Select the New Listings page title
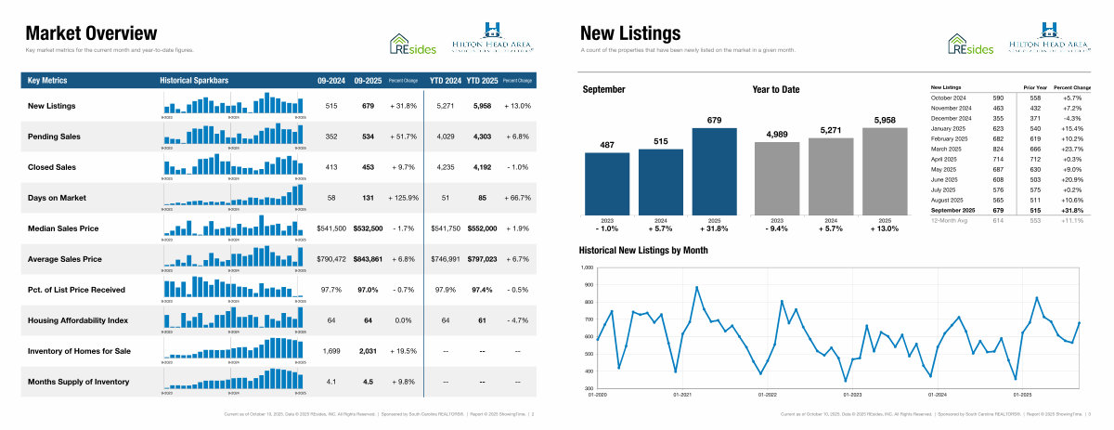click(617, 34)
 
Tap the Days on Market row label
click(57, 198)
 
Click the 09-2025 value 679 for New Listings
click(368, 106)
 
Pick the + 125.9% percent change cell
click(400, 198)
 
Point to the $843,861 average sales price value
click(368, 259)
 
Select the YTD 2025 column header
click(483, 80)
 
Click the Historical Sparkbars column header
click(194, 80)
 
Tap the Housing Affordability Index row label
click(77, 320)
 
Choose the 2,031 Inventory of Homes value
click(368, 351)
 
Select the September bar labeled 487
click(606, 186)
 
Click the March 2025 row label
click(946, 149)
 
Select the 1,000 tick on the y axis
click(586, 268)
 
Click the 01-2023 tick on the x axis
click(851, 394)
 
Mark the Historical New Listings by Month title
click(642, 251)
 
